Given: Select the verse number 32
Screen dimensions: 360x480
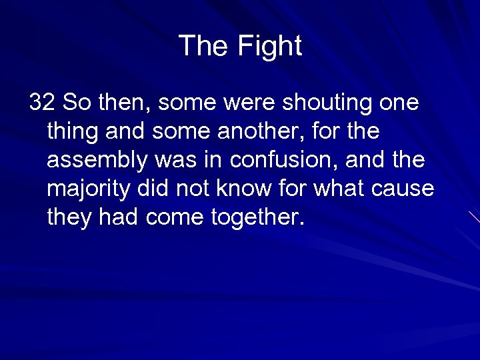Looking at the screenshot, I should pos(42,103).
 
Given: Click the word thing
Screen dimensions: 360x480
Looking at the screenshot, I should pos(73,131).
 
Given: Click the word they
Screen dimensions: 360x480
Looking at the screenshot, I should pos(69,218).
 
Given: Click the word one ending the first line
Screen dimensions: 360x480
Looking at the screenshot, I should pos(398,103).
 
